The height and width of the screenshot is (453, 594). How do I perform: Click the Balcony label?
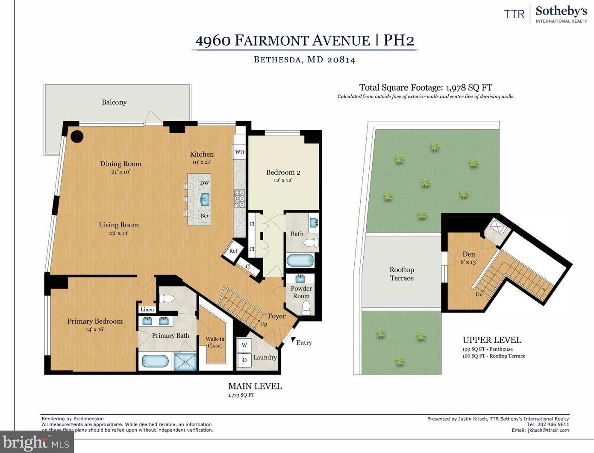coord(114,102)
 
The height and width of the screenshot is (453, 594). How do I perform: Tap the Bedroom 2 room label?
coord(283,172)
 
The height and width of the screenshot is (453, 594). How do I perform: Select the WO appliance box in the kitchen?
coord(240,152)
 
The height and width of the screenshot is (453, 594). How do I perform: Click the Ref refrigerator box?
coord(233,251)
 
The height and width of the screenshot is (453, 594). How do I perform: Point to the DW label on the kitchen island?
coord(205,183)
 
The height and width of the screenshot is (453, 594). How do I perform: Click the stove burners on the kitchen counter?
coord(240,199)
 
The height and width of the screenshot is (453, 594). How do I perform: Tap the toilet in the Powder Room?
coord(306,307)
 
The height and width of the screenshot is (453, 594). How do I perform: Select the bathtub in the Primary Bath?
coord(155,361)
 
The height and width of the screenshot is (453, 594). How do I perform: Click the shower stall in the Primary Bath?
coord(185,361)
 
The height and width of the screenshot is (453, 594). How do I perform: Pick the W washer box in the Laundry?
coord(244,345)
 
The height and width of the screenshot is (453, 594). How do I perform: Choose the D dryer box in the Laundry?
coord(244,359)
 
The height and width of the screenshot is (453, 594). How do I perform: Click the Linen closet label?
coord(147,310)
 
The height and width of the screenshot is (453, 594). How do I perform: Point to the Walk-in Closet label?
coord(215,342)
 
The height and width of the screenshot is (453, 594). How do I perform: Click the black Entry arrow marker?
coord(294,340)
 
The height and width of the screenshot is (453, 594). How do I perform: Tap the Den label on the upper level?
coord(469,254)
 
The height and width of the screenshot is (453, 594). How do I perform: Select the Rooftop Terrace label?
coord(402,274)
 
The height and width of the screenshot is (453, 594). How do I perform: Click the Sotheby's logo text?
coord(561,11)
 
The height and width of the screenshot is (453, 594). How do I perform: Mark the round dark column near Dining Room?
coord(77,136)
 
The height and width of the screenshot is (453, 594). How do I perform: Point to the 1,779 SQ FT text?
coord(241,395)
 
